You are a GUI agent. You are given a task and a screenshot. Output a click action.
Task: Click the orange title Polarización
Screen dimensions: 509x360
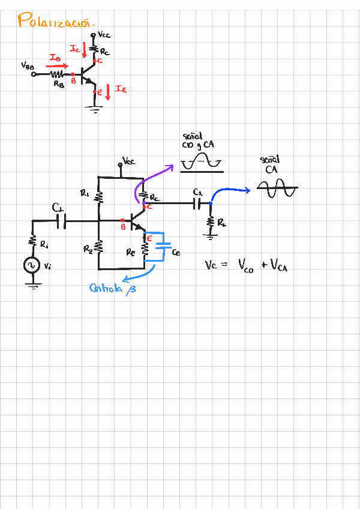(56, 22)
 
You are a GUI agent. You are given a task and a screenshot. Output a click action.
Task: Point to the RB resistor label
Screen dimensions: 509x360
(58, 85)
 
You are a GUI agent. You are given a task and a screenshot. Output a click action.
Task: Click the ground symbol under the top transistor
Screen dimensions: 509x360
(93, 108)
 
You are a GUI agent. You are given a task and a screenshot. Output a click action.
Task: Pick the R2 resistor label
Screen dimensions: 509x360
(88, 248)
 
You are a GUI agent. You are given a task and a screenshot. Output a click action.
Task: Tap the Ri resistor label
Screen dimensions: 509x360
(44, 244)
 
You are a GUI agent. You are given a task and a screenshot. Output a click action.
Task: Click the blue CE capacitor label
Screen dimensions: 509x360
(176, 253)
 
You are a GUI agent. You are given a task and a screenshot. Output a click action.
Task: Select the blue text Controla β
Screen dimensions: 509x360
(113, 288)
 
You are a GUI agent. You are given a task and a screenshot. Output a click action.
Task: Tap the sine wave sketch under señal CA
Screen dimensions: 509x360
(277, 189)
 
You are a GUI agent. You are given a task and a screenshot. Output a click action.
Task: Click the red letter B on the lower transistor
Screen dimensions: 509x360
(123, 226)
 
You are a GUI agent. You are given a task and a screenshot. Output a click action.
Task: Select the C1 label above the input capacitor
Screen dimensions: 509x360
(58, 208)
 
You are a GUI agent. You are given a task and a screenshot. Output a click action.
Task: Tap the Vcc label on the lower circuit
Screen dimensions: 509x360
(129, 161)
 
